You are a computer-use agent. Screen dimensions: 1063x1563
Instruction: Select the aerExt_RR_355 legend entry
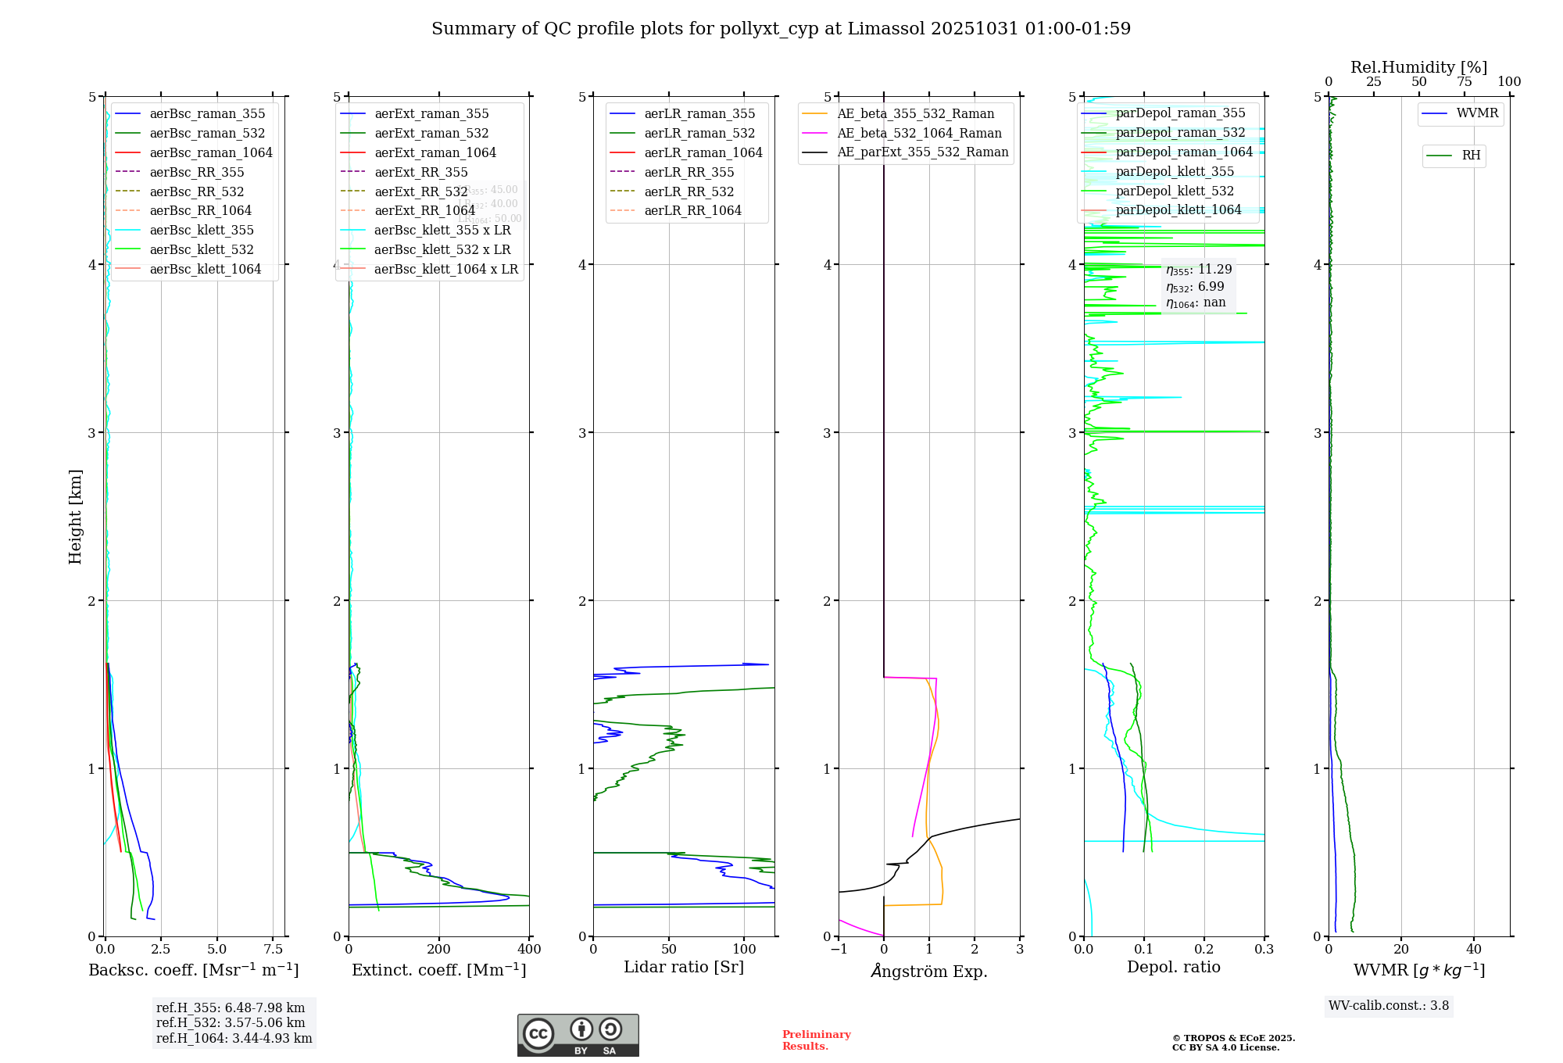coord(421,172)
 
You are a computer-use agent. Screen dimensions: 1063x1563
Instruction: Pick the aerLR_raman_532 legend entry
coord(699,133)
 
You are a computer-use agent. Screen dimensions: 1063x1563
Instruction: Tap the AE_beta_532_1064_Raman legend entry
coord(919,133)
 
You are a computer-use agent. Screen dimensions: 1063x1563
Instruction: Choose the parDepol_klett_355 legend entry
coord(1175,171)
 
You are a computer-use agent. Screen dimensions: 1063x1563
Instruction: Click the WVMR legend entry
coord(1477,113)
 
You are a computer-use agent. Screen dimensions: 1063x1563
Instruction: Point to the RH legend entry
coord(1471,156)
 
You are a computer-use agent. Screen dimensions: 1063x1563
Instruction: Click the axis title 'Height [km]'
coord(75,516)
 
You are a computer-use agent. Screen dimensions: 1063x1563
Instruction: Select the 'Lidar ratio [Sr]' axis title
coord(684,967)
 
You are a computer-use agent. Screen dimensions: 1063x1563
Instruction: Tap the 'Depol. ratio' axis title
coord(1173,967)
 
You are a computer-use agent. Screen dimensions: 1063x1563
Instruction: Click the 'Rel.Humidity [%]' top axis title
coord(1418,67)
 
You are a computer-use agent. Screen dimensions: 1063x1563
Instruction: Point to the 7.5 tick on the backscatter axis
coord(273,950)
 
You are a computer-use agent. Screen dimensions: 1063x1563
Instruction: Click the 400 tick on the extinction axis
coord(529,950)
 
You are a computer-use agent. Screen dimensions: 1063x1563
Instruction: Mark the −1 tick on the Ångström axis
coord(839,950)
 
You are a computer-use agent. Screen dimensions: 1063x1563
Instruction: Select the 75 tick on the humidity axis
coord(1464,82)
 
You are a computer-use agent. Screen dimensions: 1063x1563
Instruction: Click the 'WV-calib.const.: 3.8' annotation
coord(1389,1006)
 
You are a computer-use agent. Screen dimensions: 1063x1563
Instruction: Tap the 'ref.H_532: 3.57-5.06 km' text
coord(231,1022)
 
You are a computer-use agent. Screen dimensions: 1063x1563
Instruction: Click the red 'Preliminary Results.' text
coord(816,1040)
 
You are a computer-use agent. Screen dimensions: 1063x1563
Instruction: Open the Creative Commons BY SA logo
coord(578,1035)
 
